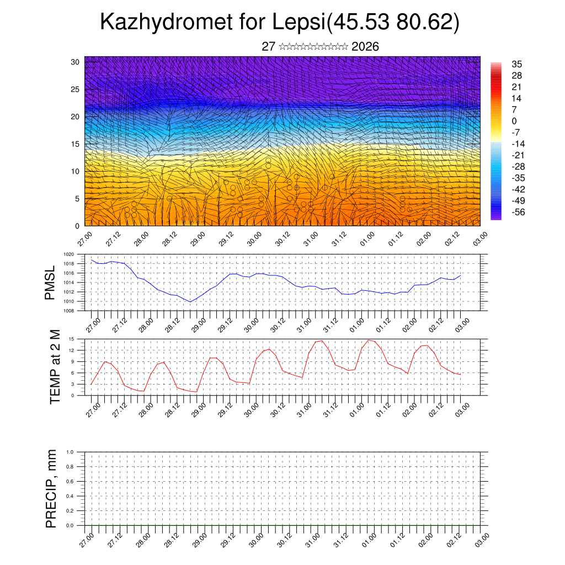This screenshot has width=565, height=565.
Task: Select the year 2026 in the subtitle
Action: [365, 47]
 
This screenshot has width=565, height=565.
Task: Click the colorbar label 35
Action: [517, 64]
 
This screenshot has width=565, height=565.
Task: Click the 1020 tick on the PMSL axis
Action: [68, 254]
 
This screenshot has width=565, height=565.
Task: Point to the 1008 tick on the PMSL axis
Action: [68, 311]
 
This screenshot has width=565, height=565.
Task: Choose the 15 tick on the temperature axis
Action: [71, 339]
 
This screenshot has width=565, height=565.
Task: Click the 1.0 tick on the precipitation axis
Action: [70, 451]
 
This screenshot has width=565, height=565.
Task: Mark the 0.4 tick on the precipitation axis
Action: [70, 496]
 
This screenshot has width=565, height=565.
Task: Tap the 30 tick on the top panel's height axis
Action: [75, 62]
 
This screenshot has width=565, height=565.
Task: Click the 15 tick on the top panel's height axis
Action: [75, 144]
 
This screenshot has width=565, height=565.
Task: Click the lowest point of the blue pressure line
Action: [190, 302]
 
